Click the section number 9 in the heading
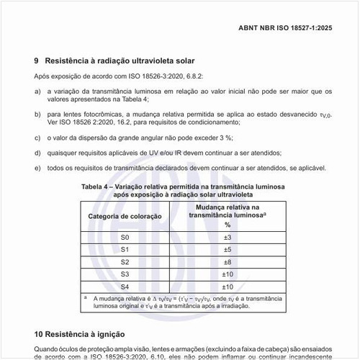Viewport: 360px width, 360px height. (37, 60)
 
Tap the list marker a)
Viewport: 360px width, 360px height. (37, 91)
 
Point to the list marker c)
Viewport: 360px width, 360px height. (37, 137)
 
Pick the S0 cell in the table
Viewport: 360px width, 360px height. (125, 237)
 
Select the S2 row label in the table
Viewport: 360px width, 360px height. (125, 261)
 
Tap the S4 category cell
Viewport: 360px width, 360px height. (125, 286)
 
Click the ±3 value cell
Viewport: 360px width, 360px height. (226, 237)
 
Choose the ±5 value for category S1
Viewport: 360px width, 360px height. (226, 249)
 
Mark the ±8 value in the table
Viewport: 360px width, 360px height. (226, 261)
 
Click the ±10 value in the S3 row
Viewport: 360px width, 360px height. (226, 274)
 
